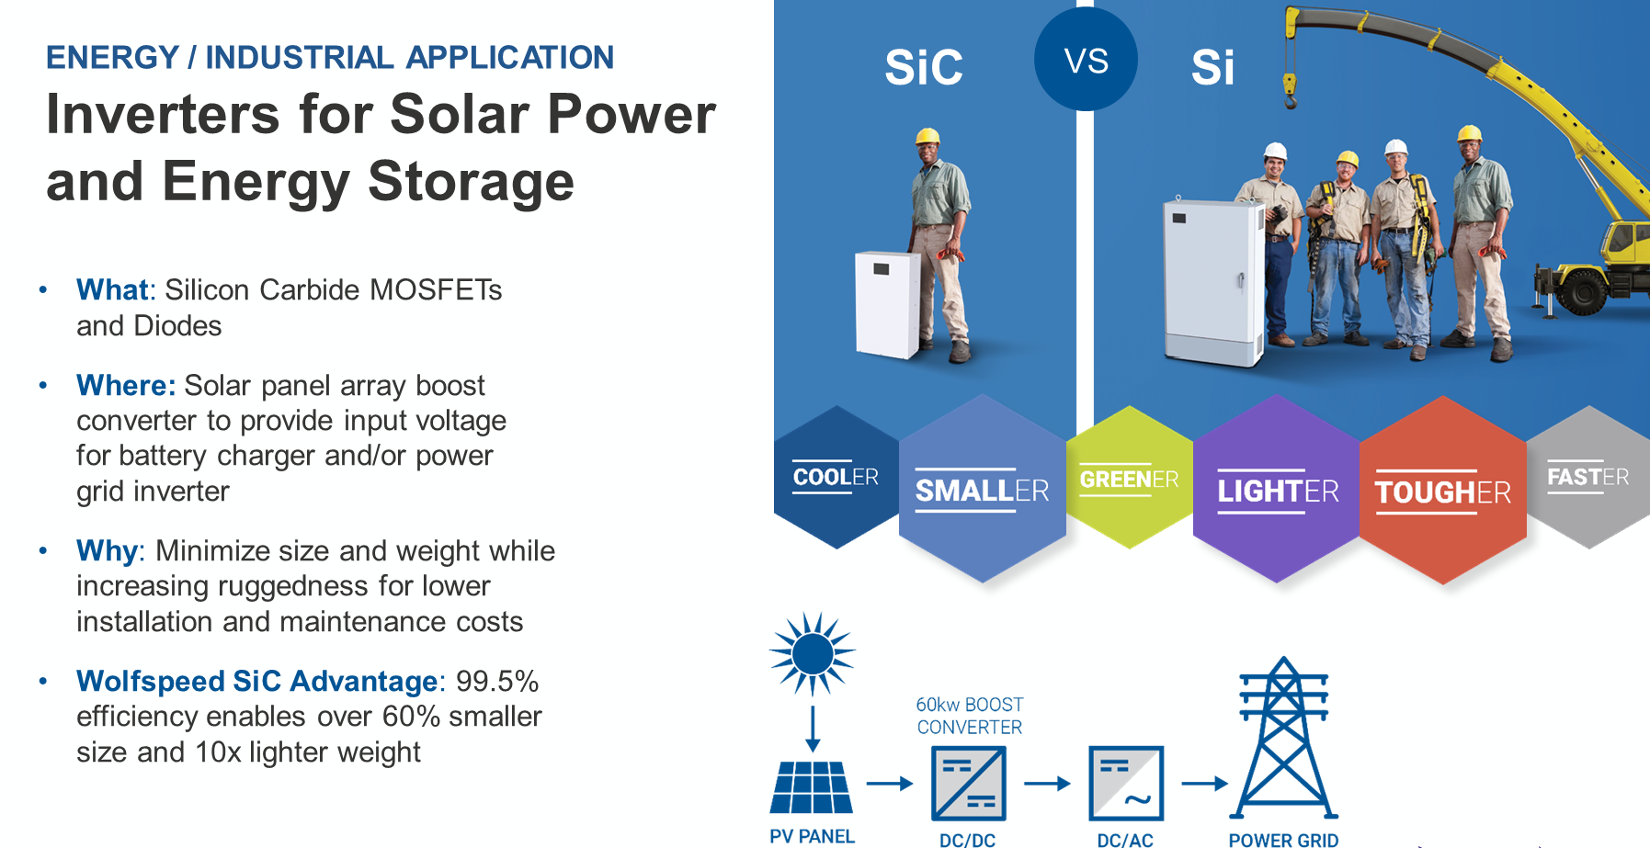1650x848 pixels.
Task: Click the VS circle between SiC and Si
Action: (x=1086, y=60)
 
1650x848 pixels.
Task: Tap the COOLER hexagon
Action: (x=836, y=478)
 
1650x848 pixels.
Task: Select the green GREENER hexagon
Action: (x=1129, y=478)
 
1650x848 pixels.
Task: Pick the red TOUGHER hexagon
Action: (x=1443, y=491)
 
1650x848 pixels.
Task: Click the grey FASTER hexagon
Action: (x=1588, y=478)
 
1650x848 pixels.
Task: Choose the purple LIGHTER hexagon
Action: (x=1277, y=489)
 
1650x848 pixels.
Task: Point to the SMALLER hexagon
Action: (x=983, y=489)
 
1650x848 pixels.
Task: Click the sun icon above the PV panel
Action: (x=813, y=654)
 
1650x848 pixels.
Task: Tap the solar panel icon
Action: (x=812, y=787)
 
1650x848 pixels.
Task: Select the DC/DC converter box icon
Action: (x=969, y=783)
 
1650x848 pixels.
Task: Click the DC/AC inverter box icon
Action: (x=1126, y=783)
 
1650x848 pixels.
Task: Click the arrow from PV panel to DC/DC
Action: (x=890, y=784)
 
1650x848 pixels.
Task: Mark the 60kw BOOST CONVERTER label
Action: (x=970, y=716)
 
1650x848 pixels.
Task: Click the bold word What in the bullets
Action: (x=112, y=289)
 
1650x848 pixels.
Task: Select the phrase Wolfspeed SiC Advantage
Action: (x=257, y=681)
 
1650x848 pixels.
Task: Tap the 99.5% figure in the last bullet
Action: (x=497, y=681)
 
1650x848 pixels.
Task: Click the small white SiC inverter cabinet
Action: (x=888, y=304)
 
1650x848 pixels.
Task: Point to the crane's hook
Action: (x=1290, y=93)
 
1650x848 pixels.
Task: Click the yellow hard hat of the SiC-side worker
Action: (x=928, y=137)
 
